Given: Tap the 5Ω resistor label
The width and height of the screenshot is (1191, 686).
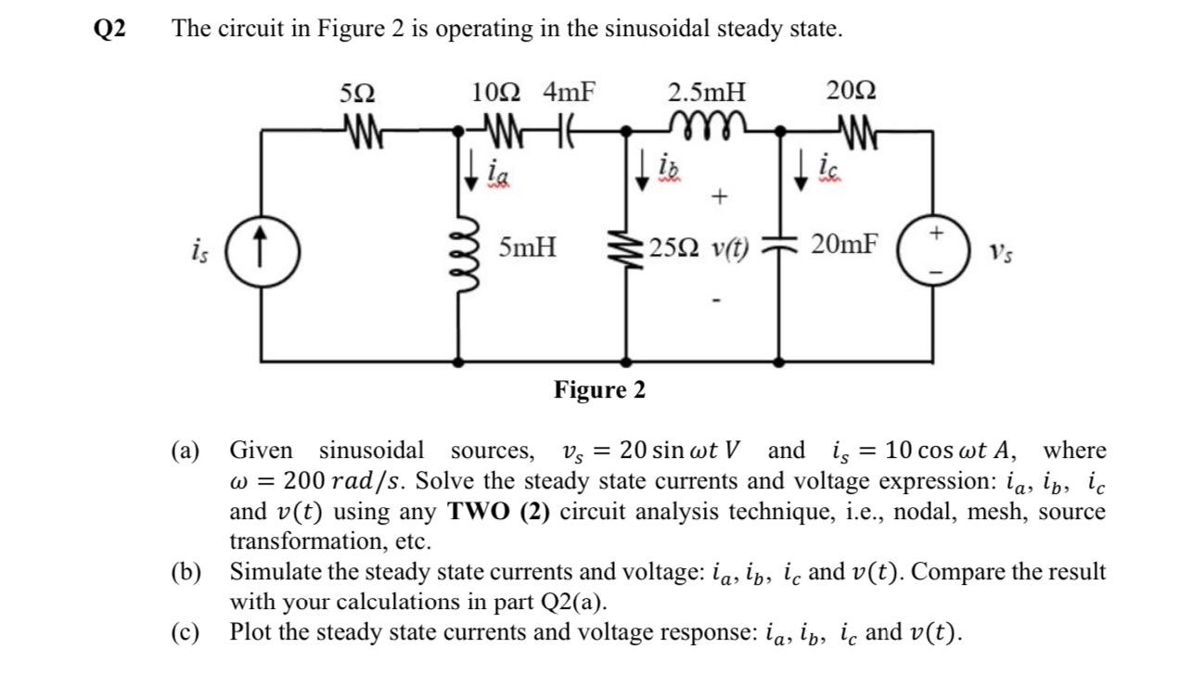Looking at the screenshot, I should tap(358, 93).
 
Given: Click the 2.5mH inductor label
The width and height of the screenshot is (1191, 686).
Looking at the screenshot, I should tap(706, 93).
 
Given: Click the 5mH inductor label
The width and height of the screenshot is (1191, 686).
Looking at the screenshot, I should tap(527, 248).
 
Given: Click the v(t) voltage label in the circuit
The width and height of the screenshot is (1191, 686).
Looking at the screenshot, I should tap(731, 249).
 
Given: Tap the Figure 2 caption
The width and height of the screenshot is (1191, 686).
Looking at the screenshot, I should tap(599, 390).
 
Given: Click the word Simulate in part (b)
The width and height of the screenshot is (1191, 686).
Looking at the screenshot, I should tap(277, 572).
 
